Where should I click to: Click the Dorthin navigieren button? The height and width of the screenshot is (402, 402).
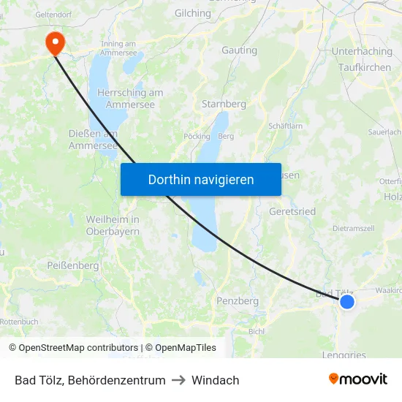[201, 179]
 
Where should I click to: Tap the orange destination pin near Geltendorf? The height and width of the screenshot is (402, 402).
[55, 42]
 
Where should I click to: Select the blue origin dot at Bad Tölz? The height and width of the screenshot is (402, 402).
[347, 301]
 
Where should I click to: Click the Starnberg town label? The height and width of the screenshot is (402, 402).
[224, 105]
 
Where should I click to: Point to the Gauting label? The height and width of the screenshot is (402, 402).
[239, 50]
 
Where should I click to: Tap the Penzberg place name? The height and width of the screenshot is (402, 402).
[238, 300]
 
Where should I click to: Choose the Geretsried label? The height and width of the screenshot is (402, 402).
[292, 211]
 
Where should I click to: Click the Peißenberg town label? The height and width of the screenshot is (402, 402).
[72, 266]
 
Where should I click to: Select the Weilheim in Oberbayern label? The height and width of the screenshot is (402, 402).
[113, 225]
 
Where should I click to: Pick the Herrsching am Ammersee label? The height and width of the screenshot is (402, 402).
[130, 99]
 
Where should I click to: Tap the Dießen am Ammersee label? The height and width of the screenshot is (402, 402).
[93, 140]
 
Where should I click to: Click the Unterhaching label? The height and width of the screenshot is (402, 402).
[361, 51]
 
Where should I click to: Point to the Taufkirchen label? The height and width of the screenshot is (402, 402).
[365, 67]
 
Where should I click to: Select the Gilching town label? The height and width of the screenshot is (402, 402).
[193, 13]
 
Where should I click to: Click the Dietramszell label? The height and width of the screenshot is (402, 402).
[354, 229]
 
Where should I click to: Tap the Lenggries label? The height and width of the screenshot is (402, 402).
[344, 355]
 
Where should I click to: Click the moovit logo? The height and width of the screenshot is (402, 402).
[358, 379]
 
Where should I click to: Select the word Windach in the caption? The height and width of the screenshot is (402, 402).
[216, 380]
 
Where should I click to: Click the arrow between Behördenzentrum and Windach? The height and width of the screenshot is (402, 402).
[178, 380]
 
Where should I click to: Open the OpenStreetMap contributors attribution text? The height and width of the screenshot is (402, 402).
[73, 348]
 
